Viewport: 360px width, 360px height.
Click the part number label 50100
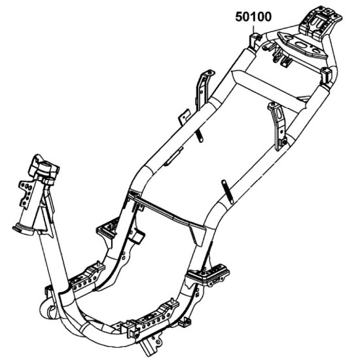pyautogui.click(x=253, y=17)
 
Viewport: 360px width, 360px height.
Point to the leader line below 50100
pyautogui.click(x=253, y=29)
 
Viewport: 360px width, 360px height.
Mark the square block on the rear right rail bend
pyautogui.click(x=326, y=76)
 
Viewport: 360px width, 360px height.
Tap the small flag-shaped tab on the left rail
pyautogui.click(x=185, y=117)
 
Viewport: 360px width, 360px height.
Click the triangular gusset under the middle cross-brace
pyautogui.click(x=197, y=236)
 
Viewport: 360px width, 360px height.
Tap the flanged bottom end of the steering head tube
pyautogui.click(x=24, y=230)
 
